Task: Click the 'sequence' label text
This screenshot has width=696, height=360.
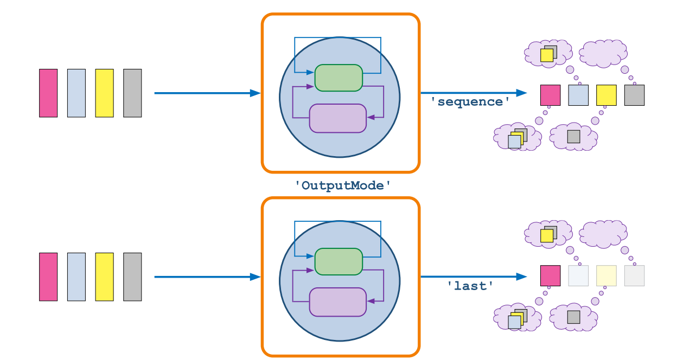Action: pos(470,101)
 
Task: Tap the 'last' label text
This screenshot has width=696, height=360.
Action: pos(470,286)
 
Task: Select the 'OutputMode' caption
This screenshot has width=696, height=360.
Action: pos(343,185)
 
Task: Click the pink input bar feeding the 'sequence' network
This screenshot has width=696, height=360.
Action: pos(48,93)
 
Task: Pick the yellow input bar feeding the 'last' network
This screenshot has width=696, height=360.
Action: pos(104,277)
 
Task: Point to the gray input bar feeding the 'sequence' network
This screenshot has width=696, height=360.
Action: pos(132,93)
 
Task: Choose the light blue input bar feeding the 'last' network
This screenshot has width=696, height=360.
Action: pos(76,277)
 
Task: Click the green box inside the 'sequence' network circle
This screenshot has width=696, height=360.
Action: pos(339,78)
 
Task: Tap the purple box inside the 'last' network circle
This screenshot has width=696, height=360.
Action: pos(338,301)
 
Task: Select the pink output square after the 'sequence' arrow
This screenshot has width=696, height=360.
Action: pos(550,95)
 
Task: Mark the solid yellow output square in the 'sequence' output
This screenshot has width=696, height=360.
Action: pos(606,95)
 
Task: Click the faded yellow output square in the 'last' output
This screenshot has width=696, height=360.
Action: pos(606,275)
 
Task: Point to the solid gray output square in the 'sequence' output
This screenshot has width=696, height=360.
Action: pos(634,95)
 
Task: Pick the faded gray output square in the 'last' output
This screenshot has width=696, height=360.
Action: pos(634,275)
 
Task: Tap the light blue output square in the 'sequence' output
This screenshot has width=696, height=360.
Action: pos(578,95)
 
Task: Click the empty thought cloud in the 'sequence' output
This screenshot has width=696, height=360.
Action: pos(603,54)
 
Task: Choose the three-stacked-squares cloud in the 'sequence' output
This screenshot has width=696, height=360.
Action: pos(518,138)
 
